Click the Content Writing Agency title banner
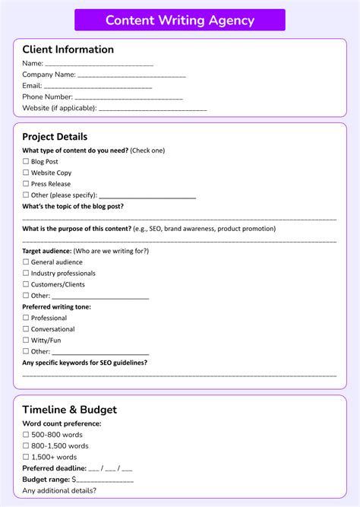point(180,21)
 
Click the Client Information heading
point(68,49)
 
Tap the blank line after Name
point(99,65)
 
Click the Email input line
point(98,87)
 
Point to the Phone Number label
point(47,97)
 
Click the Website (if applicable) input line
point(153,109)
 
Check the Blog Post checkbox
point(26,162)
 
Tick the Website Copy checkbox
point(26,173)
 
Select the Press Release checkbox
point(26,184)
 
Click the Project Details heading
point(55,137)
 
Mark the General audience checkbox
point(26,262)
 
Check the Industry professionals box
point(26,274)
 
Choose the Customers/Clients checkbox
point(26,285)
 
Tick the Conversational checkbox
point(26,330)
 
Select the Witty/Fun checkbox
point(26,341)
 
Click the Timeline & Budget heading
point(70,410)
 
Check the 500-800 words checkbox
point(26,435)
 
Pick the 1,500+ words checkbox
point(26,458)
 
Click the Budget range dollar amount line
point(105,481)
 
